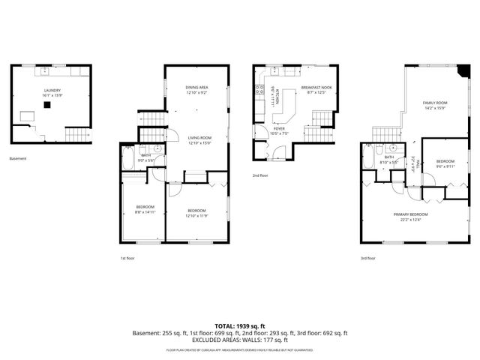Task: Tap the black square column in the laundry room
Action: coord(46,106)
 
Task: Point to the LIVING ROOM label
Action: coord(199,138)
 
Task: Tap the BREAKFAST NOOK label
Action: coord(316,88)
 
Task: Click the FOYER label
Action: coord(279,129)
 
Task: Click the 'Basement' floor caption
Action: coord(17,159)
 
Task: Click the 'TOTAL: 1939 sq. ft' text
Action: coord(240,325)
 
